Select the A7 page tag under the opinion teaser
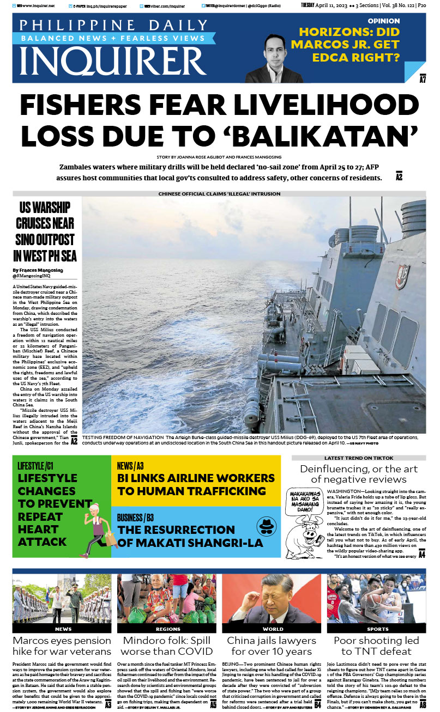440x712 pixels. click(x=422, y=80)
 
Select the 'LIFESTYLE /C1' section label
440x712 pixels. click(x=35, y=466)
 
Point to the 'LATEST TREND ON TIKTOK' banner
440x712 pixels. click(x=359, y=458)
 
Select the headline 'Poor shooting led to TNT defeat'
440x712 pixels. click(x=376, y=646)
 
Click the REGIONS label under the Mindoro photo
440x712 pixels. click(x=167, y=629)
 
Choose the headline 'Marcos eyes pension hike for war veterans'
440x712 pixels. click(x=62, y=646)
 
